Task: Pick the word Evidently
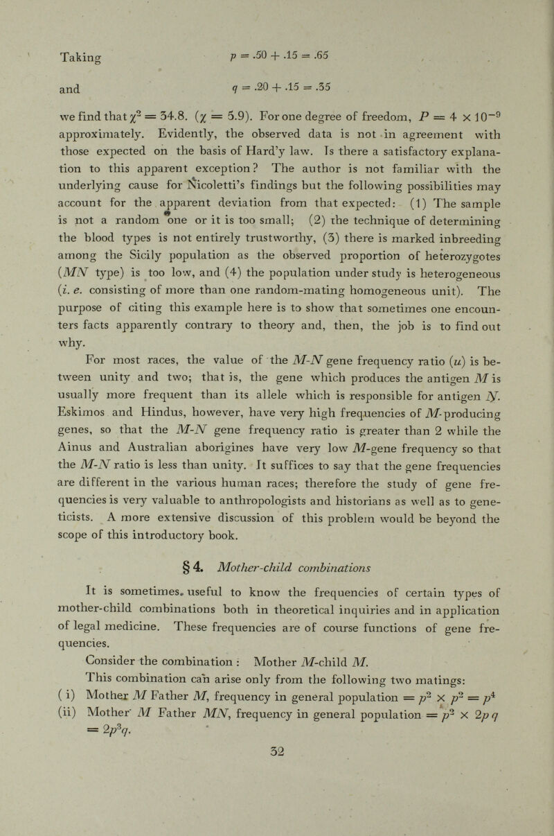click(x=275, y=166)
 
